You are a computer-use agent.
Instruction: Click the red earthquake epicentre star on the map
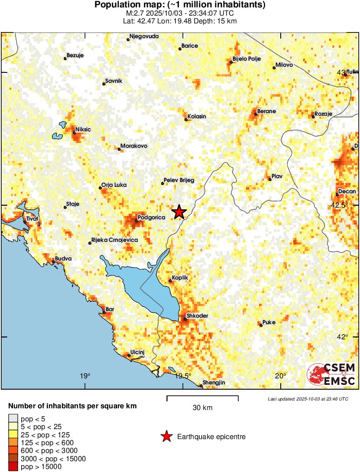point(179,212)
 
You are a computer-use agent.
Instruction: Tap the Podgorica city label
point(151,218)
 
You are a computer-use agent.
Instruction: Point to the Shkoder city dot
point(185,319)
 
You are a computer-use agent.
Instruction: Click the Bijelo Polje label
point(246,59)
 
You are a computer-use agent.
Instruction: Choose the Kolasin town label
point(197,117)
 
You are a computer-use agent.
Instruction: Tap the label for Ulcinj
point(137,352)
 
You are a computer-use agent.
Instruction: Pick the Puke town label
point(269,322)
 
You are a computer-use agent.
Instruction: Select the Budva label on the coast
point(63,259)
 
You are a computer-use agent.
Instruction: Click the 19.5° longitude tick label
point(183,376)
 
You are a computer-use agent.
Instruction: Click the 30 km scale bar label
point(202,407)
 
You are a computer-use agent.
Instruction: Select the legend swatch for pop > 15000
point(13,467)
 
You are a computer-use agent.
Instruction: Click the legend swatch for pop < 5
point(13,419)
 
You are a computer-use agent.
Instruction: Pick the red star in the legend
point(166,436)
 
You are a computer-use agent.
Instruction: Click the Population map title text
point(180,5)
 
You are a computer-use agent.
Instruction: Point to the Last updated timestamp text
point(308,399)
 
